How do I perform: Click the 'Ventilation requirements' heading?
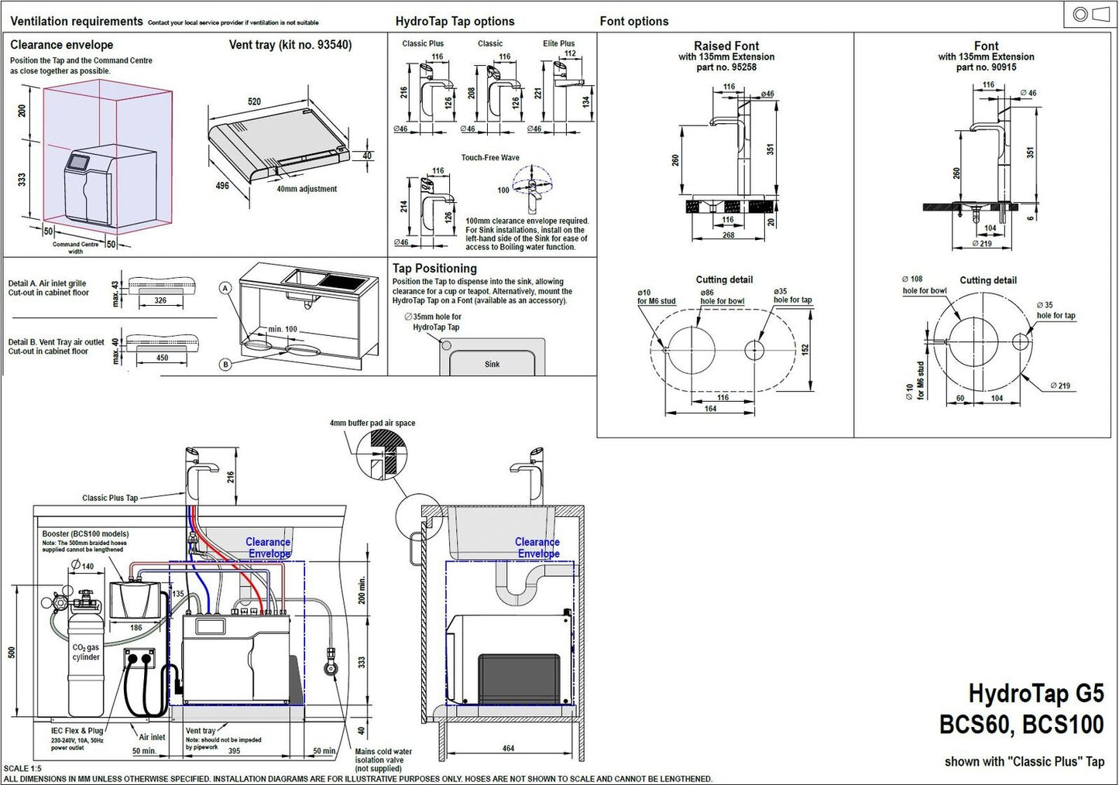pos(77,21)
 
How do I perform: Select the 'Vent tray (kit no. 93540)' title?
pos(290,45)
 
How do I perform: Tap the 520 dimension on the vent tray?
pos(254,101)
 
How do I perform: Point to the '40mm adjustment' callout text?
pos(307,189)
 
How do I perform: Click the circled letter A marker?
pos(225,288)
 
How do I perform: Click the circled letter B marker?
pos(225,365)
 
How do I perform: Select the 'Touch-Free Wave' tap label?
pos(490,158)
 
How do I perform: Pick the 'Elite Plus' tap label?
pos(558,44)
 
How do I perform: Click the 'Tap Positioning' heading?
pos(434,269)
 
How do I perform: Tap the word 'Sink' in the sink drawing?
pos(493,364)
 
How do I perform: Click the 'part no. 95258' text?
pos(726,67)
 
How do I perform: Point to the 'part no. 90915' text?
pos(986,67)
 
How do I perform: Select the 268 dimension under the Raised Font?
pos(729,235)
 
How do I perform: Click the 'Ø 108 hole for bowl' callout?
pos(924,285)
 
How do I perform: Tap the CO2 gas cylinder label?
pos(86,652)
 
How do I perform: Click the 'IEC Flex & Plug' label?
pos(77,731)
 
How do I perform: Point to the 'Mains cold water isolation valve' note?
pos(383,759)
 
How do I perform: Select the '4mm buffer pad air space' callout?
pos(372,423)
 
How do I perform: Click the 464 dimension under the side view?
pos(508,749)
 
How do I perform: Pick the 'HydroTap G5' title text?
pos(1035,694)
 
